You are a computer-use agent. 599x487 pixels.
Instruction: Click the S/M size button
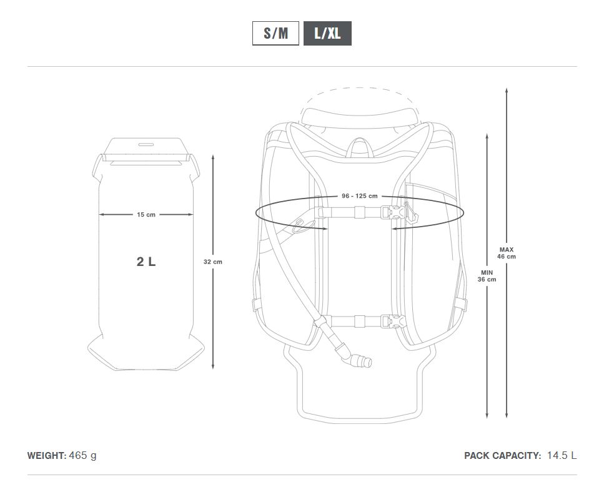[x=275, y=34]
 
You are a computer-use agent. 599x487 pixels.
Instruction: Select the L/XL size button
[x=327, y=34]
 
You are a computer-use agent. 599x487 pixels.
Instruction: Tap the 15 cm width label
[x=146, y=215]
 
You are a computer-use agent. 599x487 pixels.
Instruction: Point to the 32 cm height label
[x=213, y=262]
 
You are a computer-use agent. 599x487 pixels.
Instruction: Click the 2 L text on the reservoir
[x=146, y=262]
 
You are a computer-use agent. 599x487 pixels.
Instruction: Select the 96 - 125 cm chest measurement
[x=360, y=196]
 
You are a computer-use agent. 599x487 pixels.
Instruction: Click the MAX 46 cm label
[x=507, y=253]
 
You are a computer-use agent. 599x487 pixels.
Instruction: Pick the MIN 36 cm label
[x=487, y=276]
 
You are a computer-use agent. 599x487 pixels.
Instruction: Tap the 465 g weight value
[x=83, y=456]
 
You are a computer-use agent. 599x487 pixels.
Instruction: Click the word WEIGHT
[x=46, y=456]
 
